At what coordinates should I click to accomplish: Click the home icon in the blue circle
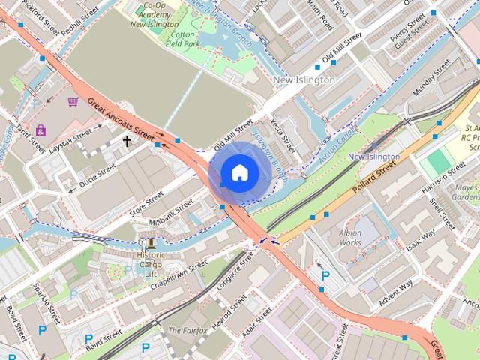pyautogui.click(x=239, y=172)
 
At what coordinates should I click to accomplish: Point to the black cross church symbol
pyautogui.click(x=127, y=141)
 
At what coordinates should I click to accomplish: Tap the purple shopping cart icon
pyautogui.click(x=73, y=101)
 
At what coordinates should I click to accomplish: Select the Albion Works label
pyautogui.click(x=350, y=238)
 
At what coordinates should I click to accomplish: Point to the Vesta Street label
pyautogui.click(x=283, y=133)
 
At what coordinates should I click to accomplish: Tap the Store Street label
pyautogui.click(x=146, y=202)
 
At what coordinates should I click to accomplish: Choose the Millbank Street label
pyautogui.click(x=172, y=215)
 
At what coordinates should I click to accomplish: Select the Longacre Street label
pyautogui.click(x=235, y=268)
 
